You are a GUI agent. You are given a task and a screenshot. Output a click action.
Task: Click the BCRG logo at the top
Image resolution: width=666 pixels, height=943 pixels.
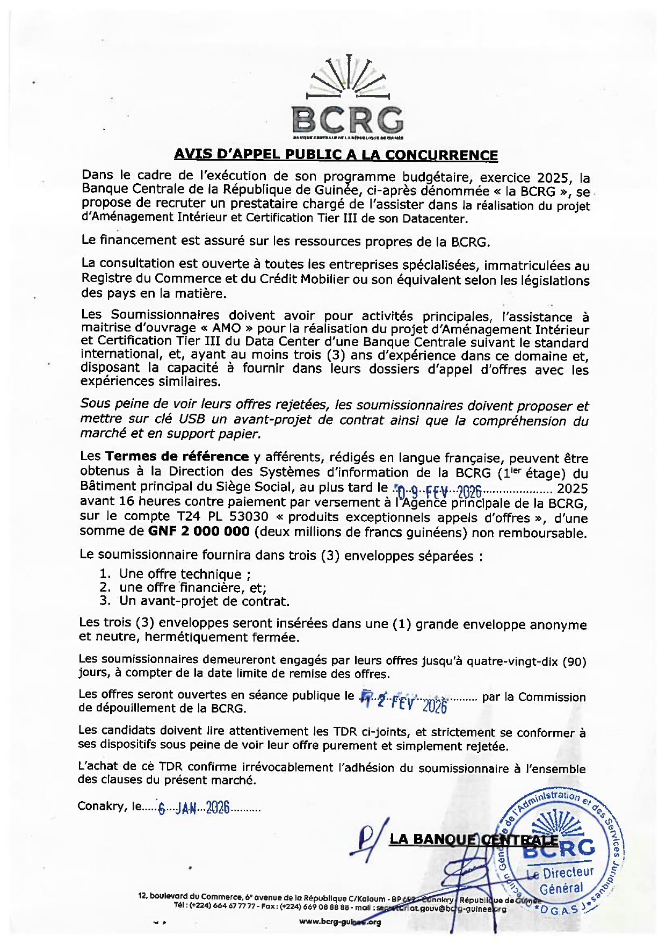pyautogui.click(x=348, y=100)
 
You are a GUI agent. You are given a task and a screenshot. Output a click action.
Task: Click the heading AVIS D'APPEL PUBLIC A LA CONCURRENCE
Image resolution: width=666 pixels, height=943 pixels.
pyautogui.click(x=336, y=155)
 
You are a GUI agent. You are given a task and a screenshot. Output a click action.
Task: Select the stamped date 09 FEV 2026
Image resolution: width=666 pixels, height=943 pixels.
pyautogui.click(x=439, y=491)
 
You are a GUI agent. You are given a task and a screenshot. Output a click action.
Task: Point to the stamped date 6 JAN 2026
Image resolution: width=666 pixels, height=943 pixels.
pyautogui.click(x=194, y=807)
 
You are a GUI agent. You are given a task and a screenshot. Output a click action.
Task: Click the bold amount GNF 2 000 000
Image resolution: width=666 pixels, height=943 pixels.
pyautogui.click(x=199, y=531)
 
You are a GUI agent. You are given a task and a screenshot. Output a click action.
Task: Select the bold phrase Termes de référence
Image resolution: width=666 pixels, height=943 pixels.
pyautogui.click(x=177, y=457)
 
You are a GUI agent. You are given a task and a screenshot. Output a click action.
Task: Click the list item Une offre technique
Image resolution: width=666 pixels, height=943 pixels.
pyautogui.click(x=180, y=574)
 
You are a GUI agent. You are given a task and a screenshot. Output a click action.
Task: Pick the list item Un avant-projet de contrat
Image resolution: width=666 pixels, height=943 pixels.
pyautogui.click(x=204, y=601)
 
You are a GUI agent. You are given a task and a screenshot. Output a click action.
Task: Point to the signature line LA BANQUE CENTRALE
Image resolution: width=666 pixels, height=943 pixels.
pyautogui.click(x=473, y=839)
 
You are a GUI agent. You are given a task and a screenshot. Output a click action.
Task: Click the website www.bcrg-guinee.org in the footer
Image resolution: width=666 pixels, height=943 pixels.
pyautogui.click(x=339, y=922)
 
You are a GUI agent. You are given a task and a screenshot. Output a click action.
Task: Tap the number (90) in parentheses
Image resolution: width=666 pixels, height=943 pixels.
pyautogui.click(x=575, y=662)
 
